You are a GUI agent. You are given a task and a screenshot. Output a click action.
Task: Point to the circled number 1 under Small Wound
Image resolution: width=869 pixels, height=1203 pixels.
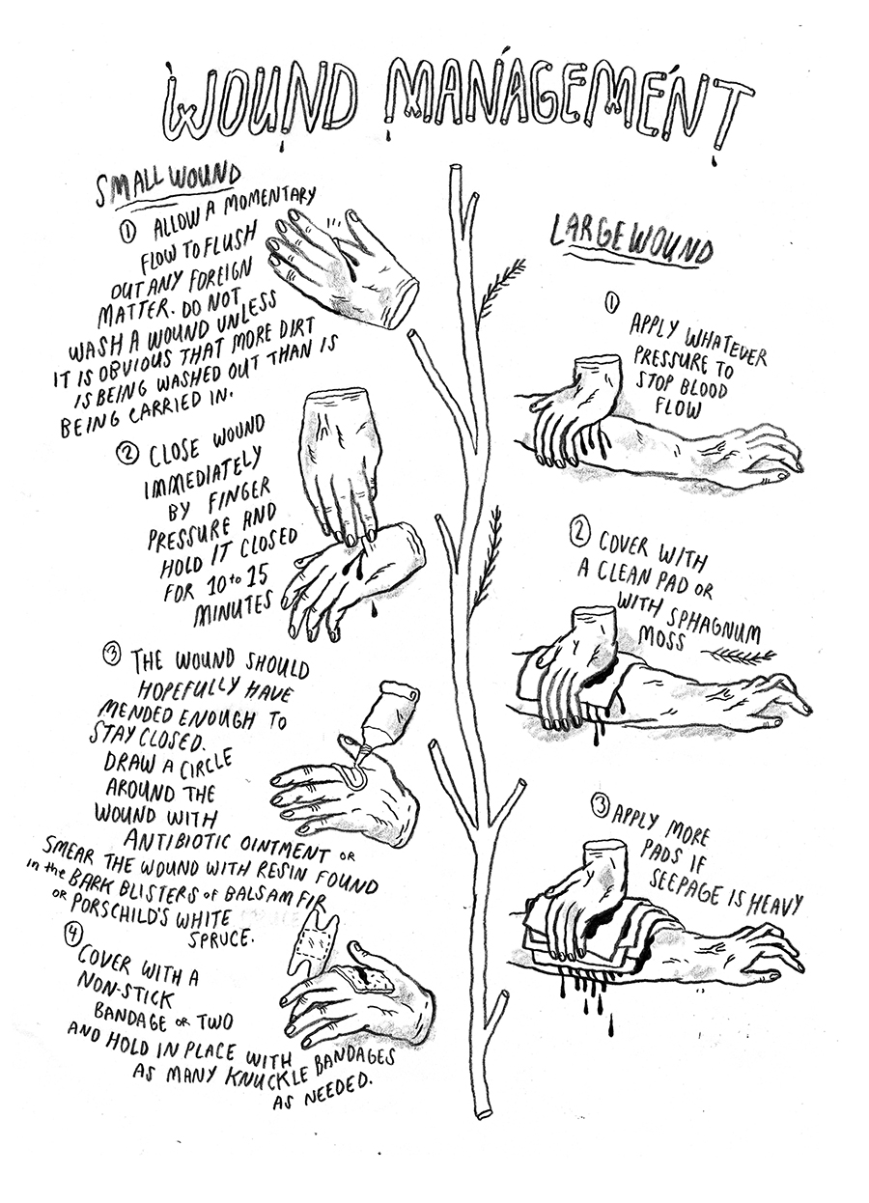click(x=129, y=231)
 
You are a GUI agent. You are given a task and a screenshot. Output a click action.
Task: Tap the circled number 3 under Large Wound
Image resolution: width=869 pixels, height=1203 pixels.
click(x=598, y=803)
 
